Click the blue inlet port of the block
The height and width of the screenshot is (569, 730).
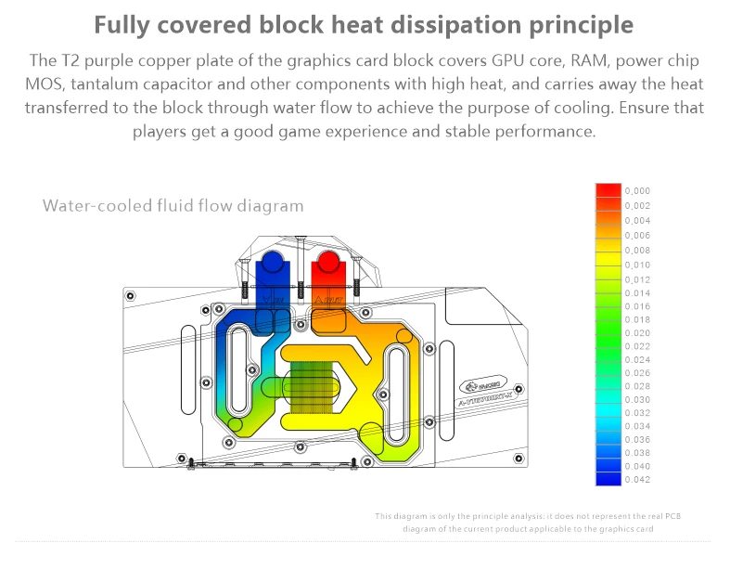(275, 268)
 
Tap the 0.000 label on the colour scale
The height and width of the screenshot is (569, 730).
(638, 191)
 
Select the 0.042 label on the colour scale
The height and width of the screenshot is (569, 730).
(638, 479)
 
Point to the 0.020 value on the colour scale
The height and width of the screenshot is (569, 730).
(638, 332)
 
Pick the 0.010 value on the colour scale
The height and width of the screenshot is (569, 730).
(638, 265)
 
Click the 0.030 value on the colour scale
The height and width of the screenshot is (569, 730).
(638, 399)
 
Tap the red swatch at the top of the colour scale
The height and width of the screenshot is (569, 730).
(608, 190)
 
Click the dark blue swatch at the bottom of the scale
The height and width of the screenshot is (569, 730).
(608, 479)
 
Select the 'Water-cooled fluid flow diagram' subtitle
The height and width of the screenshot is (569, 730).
(173, 205)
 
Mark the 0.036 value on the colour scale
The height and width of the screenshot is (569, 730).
(638, 439)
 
